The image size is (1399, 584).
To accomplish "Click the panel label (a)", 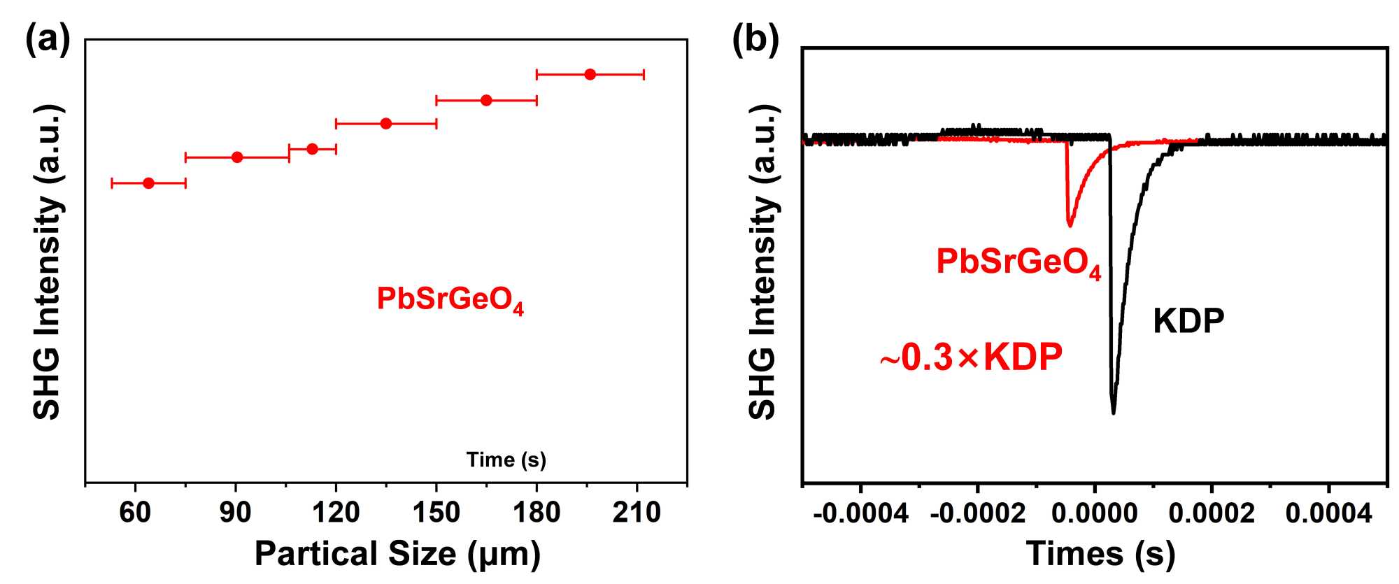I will coord(48,40).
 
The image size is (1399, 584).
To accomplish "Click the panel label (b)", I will coord(755,40).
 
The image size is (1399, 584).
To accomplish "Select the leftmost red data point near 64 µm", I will coord(148,183).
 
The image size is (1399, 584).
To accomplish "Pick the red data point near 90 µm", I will coord(237,157).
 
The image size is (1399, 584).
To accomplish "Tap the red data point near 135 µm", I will coord(386,124).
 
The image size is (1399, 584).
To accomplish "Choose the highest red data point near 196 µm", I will coord(590,74).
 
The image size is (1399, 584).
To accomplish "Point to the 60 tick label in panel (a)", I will coord(135,513).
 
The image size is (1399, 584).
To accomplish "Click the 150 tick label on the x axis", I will coord(436,513).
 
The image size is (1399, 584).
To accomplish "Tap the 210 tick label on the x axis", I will coord(637,513).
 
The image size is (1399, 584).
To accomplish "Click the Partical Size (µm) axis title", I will coord(397,553).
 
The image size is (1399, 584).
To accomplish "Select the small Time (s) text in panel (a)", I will coord(506,460).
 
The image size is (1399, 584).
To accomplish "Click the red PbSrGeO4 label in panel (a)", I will coord(450,299).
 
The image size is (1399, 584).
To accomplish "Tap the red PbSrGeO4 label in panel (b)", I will coord(1018,263).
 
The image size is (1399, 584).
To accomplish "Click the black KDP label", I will coord(1188,321).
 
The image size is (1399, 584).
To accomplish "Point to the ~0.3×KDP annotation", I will coord(971,357).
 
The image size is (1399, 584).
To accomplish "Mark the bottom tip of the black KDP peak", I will coord(1113,413).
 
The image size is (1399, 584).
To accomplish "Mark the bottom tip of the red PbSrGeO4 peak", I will coord(1070,225).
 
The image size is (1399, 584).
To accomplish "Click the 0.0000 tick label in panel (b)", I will coord(1095,514).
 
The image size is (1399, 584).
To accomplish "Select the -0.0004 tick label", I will coord(860,514).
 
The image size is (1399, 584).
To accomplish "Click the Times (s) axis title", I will coord(1100,553).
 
